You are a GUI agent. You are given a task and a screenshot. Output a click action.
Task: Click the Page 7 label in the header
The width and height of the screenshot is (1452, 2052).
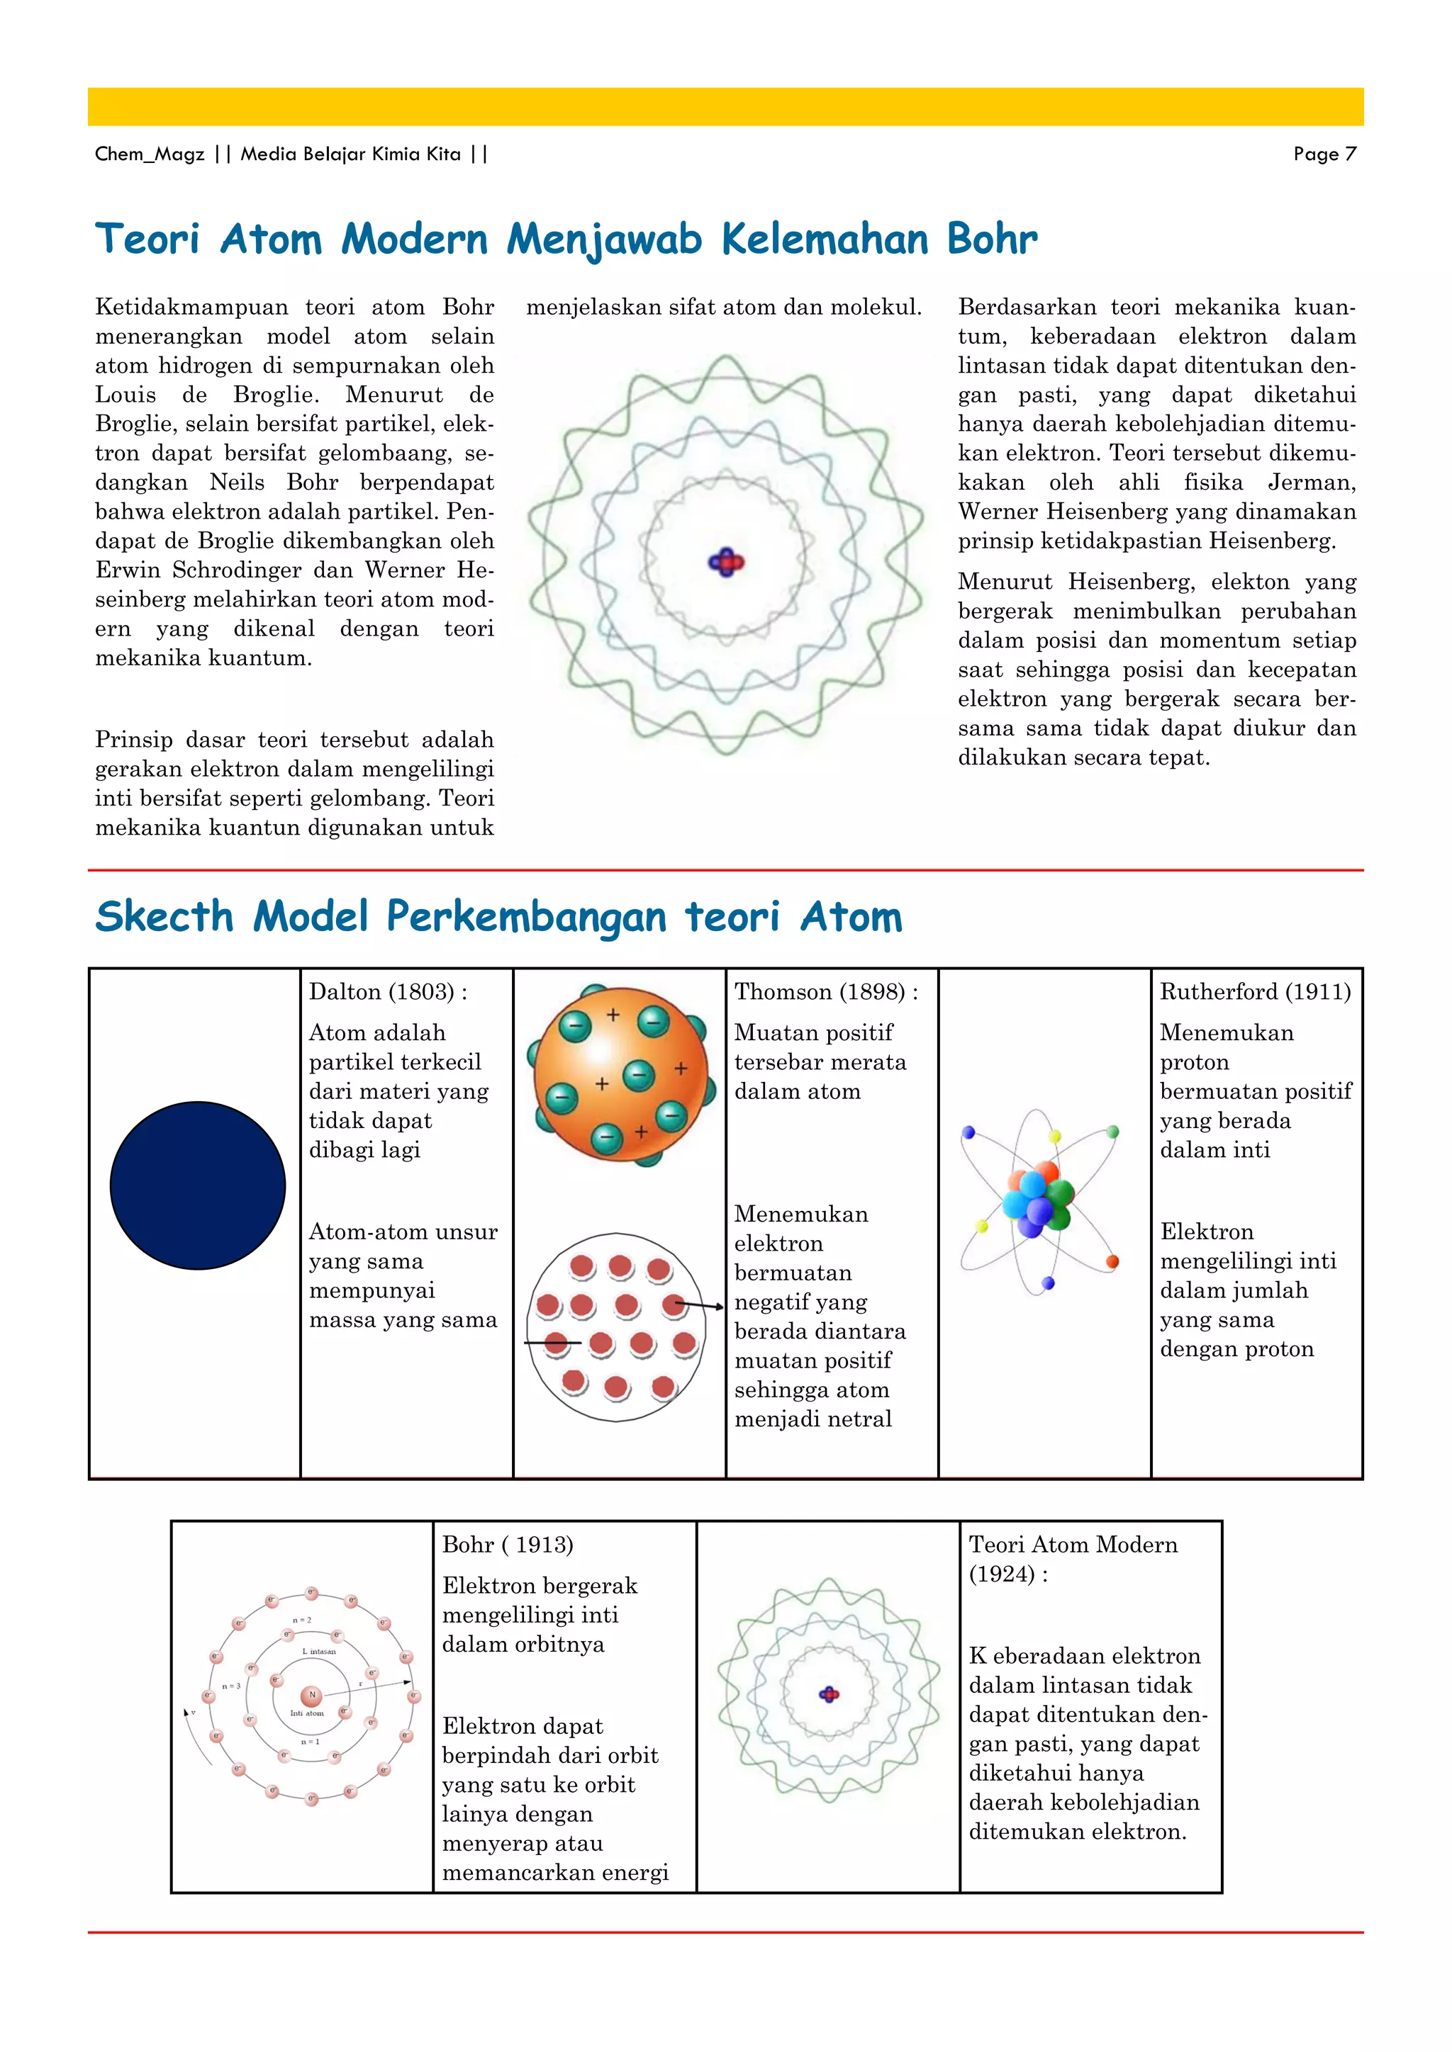(1324, 154)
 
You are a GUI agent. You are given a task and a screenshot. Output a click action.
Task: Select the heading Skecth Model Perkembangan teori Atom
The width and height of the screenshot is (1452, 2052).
(499, 917)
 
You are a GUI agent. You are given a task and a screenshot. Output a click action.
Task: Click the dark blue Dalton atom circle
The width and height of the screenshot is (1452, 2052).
(198, 1185)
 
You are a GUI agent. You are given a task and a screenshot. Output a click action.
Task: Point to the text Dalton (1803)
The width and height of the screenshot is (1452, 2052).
(388, 992)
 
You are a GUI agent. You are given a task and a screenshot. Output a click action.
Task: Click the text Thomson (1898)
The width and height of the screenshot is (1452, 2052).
(825, 992)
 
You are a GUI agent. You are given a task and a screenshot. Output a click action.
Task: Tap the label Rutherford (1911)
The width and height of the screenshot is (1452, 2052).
(1254, 992)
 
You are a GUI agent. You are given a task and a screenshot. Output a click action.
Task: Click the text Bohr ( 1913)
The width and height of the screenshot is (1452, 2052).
(507, 1545)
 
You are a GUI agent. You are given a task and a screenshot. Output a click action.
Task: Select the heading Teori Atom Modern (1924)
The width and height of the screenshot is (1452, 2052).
(1072, 1559)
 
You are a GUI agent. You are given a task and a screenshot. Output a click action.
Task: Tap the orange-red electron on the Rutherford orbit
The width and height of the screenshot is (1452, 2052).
(1112, 1262)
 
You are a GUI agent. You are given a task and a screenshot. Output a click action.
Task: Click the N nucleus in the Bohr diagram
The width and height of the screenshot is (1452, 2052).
(312, 1696)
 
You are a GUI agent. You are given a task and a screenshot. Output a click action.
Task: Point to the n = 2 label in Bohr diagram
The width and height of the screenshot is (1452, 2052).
(302, 1620)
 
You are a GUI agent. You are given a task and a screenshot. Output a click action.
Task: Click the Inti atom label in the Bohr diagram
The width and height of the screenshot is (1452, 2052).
(307, 1714)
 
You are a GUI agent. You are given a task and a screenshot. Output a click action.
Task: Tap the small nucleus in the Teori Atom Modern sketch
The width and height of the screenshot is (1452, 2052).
(830, 1693)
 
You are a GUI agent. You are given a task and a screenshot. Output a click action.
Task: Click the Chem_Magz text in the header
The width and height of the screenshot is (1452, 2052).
(150, 154)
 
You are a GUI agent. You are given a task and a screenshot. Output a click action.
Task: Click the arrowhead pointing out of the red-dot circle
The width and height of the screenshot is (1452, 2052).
(720, 1307)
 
